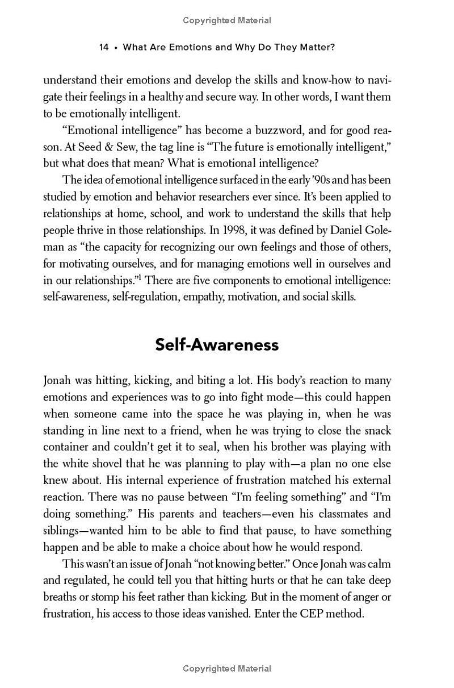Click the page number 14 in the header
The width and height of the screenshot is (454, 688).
[x=104, y=47]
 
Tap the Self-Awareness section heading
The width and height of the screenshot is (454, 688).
[x=217, y=345]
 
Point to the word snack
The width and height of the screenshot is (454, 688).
[x=376, y=430]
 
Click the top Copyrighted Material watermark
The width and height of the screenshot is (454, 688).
[x=227, y=20]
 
